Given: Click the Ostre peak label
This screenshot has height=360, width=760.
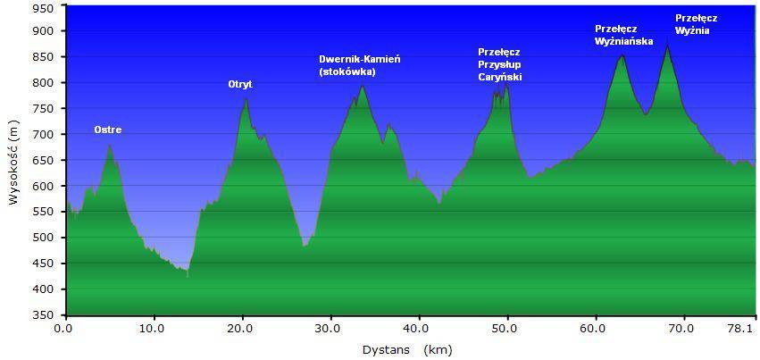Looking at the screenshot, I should coord(107,130).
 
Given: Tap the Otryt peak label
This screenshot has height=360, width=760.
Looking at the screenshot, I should coord(240,85).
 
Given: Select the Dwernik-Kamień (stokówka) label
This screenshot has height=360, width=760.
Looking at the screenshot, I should coord(359,65).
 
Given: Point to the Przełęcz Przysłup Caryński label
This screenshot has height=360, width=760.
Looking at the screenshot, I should coord(499,65).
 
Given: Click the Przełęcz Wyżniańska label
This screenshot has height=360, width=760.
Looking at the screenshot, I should coord(623,35).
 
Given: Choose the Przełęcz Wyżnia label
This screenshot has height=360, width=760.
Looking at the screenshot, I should coord(696,24).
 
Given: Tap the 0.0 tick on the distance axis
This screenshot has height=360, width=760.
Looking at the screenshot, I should coord(64,329).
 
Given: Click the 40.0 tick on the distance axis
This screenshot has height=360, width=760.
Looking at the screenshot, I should coord(418,329).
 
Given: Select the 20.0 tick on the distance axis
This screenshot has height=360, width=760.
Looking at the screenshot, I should coord(241,329).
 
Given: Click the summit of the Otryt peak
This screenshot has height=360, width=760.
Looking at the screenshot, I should coord(246,98).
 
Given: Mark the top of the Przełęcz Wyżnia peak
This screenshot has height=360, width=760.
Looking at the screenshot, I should coord(666,46).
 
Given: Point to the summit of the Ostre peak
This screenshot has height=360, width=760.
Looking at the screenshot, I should coord(109,144).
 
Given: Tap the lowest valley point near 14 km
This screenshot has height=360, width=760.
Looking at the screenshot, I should coord(188,277).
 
